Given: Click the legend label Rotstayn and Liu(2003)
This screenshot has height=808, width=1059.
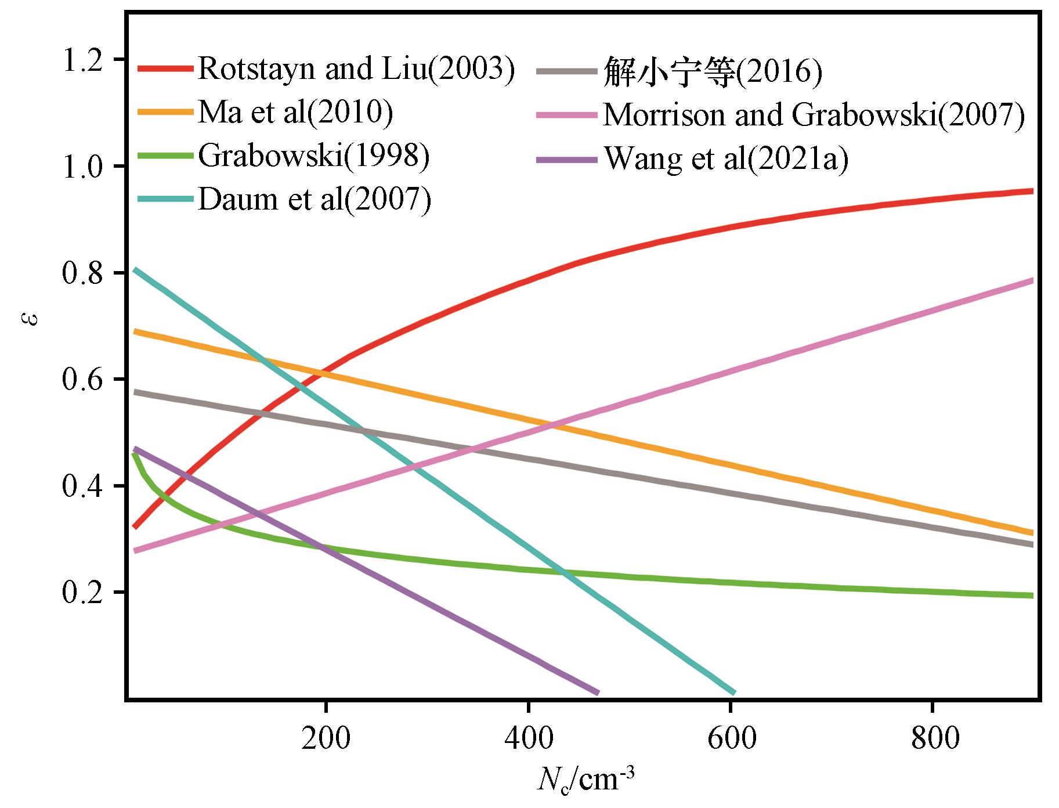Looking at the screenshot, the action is coord(356,70).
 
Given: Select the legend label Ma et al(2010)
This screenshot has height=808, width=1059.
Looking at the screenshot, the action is coord(295,112).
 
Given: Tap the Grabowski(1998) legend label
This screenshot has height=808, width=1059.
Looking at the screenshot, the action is coord(314,156).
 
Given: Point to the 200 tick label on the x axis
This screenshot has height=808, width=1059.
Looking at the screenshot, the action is coord(326,740).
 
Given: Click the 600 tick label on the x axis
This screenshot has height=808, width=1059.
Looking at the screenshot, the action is coord(729,740).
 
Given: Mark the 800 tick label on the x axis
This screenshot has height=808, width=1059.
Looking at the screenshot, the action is coord(932,740).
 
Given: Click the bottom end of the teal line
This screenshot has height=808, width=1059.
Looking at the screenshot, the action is coord(735,693).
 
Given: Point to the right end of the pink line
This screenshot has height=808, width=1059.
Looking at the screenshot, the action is coord(1033,281).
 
